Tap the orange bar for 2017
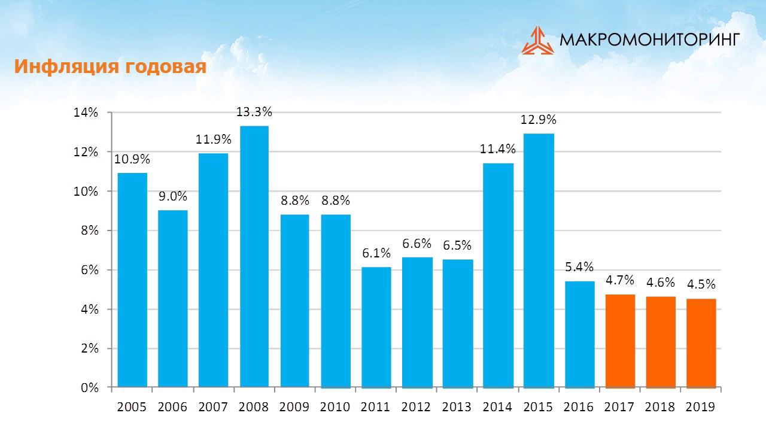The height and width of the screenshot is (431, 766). tap(620, 341)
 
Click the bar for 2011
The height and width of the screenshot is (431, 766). tap(376, 327)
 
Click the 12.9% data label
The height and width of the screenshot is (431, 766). tap(539, 120)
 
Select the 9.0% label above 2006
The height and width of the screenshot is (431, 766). tap(173, 196)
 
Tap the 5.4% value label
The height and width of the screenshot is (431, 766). tap(579, 267)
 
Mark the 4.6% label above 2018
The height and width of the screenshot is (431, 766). tap(661, 283)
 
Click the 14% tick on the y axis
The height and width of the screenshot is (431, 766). tap(86, 113)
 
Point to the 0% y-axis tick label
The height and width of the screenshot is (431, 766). tap(89, 388)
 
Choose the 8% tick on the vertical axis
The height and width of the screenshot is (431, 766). tap(89, 230)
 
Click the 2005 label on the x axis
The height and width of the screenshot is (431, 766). tap(132, 407)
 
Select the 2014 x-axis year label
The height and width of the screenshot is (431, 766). tap(497, 407)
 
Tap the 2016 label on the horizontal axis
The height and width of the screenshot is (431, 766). tap(579, 407)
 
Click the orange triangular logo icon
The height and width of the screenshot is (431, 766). tap(537, 40)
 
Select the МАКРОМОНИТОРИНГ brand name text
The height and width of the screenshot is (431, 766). tap(650, 40)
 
